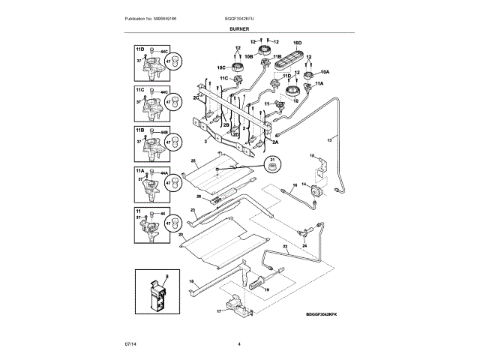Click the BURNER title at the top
(239, 28)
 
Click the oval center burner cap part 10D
(295, 59)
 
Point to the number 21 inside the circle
(273, 159)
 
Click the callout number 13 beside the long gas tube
(330, 140)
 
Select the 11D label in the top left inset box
(139, 47)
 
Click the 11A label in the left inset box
(139, 172)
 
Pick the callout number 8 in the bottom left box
(166, 277)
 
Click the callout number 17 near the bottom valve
(219, 310)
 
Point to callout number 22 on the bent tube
(284, 246)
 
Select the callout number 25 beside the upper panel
(193, 161)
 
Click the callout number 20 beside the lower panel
(181, 234)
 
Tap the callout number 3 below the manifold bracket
(205, 140)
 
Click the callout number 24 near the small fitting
(304, 244)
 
